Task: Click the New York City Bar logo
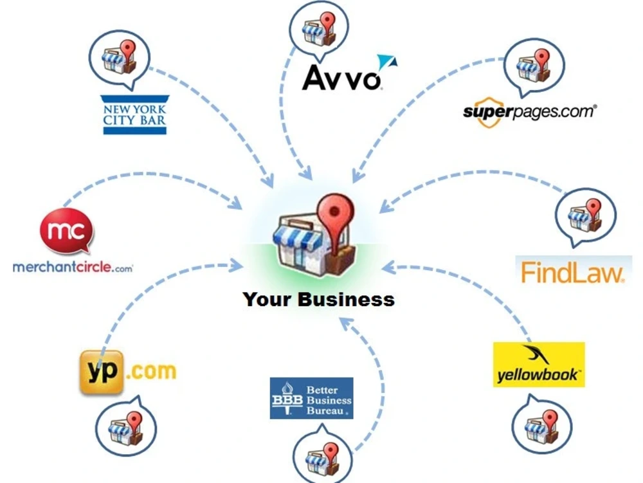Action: [135, 115]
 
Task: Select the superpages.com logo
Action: [529, 112]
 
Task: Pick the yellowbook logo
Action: [539, 365]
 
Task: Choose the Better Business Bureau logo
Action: [311, 398]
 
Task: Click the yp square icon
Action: [101, 372]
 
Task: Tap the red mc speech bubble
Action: [67, 232]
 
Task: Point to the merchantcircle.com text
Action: [73, 268]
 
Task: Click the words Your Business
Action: [319, 299]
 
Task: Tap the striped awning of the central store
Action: [298, 237]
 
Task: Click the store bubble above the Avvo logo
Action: [319, 28]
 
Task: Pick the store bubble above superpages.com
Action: [534, 68]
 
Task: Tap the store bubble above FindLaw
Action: [585, 217]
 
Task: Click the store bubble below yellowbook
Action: [542, 424]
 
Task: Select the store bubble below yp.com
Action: [126, 426]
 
